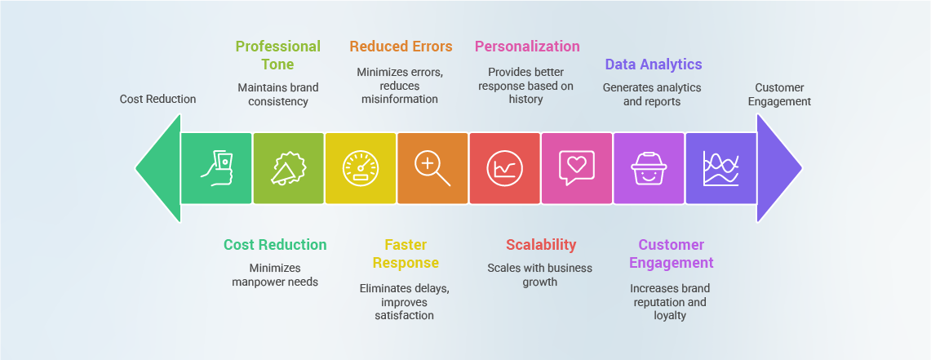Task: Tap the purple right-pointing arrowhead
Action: (777, 168)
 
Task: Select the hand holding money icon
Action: (216, 169)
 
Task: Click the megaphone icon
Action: (289, 169)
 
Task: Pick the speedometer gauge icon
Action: (361, 169)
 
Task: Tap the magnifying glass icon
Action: (432, 169)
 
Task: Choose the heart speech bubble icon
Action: (577, 168)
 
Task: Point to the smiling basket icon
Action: (649, 169)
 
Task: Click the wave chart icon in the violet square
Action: (720, 169)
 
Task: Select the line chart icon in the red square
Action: (505, 169)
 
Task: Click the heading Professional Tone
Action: (278, 55)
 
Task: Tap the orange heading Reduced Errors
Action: (401, 47)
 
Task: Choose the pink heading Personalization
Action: (527, 47)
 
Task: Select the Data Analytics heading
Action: (653, 64)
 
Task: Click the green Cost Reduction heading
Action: (275, 245)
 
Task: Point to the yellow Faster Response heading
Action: (406, 254)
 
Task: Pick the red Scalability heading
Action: (541, 245)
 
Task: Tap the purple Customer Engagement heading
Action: (671, 254)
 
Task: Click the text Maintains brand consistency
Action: (278, 95)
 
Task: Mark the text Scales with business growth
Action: (539, 274)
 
